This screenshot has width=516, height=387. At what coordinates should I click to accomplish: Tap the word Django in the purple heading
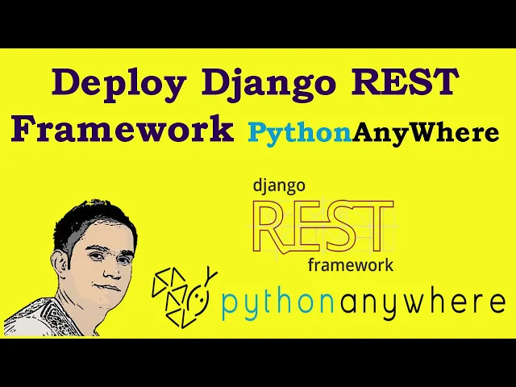[x=268, y=84]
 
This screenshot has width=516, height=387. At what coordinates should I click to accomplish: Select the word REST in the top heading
[x=405, y=81]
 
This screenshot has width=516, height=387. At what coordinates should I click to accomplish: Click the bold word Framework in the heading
[x=122, y=128]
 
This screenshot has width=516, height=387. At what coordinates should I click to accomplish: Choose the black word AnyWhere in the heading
[x=425, y=133]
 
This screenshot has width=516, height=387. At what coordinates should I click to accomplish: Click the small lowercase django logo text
[x=279, y=185]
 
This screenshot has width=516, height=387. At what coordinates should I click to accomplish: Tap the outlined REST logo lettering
[x=324, y=227]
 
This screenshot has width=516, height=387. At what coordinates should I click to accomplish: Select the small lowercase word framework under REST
[x=351, y=265]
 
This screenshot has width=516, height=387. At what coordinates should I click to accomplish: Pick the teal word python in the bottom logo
[x=277, y=302]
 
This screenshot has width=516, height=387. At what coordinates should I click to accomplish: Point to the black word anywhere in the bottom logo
[x=422, y=301]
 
